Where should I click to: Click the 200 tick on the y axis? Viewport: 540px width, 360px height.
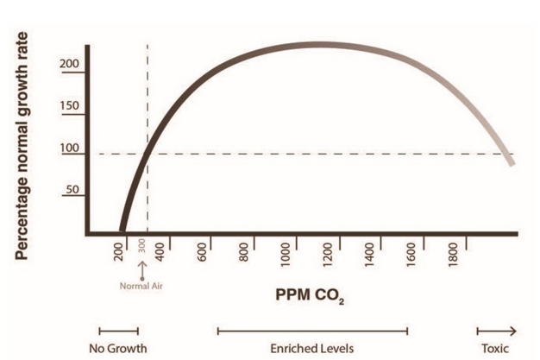click(72, 65)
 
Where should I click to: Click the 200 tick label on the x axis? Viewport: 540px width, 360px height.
click(121, 253)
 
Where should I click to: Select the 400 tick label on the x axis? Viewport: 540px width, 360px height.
click(161, 253)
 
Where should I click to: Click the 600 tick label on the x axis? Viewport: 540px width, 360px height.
click(204, 253)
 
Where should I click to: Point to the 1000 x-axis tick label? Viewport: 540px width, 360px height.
click(286, 256)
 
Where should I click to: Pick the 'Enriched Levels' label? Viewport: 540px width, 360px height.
click(312, 348)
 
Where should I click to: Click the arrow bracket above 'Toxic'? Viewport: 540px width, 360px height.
click(497, 329)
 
